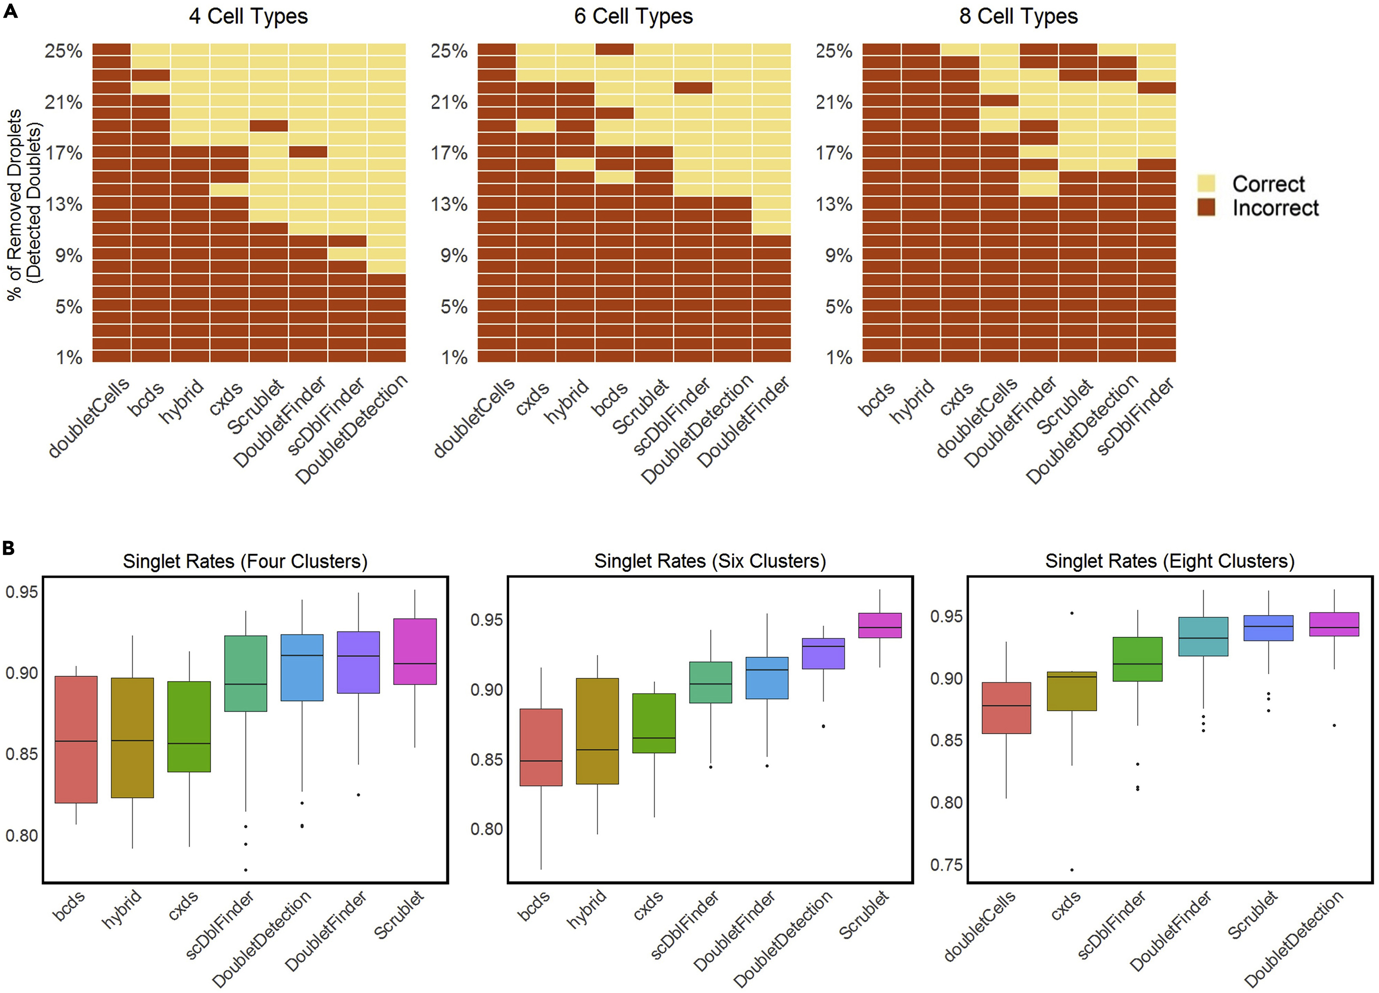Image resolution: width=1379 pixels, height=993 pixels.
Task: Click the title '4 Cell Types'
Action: tap(248, 16)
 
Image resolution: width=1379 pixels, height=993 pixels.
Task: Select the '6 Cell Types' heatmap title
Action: tap(633, 16)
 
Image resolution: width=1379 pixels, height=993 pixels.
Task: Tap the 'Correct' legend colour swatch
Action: tap(1206, 183)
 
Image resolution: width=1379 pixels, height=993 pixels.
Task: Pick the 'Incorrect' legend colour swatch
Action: tap(1206, 207)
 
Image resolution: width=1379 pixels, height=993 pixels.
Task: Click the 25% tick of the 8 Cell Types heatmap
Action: tap(834, 51)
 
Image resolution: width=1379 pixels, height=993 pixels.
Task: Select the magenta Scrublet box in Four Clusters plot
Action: tap(415, 651)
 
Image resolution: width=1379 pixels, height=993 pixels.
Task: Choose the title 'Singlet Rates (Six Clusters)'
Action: tap(710, 561)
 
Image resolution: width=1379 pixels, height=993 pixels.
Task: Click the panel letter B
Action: tap(9, 548)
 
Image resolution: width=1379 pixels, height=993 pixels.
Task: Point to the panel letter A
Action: tap(10, 11)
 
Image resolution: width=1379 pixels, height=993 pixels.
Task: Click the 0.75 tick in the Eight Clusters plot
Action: tap(947, 865)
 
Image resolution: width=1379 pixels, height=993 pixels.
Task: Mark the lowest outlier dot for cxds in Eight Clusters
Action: tap(1071, 869)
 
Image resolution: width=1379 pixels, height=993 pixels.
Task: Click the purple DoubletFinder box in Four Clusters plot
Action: tap(358, 662)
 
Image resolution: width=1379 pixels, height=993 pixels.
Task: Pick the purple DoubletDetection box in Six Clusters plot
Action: tap(823, 654)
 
